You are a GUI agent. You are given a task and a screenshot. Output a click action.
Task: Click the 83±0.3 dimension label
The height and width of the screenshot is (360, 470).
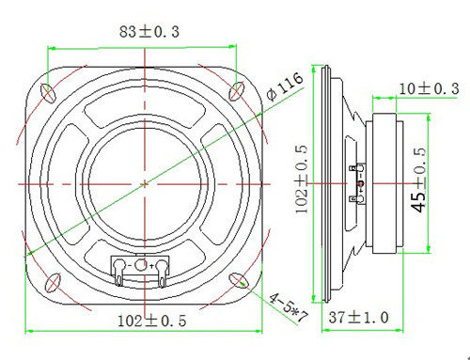(x=149, y=32)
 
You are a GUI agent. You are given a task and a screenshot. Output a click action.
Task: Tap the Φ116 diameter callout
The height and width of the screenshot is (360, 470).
(x=285, y=86)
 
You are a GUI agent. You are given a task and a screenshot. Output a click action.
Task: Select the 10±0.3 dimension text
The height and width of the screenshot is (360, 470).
(x=429, y=89)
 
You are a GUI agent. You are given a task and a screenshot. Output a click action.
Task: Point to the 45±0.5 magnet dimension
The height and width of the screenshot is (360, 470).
(x=419, y=180)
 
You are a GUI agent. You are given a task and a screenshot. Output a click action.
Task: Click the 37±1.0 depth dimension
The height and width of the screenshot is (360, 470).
(x=358, y=318)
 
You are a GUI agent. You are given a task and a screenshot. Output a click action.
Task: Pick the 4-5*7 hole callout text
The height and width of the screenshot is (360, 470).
(x=289, y=307)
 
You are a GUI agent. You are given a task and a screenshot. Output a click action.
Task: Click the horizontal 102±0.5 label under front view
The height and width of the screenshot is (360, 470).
(x=152, y=321)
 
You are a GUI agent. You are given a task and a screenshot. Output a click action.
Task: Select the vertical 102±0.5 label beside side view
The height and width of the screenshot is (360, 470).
(x=302, y=180)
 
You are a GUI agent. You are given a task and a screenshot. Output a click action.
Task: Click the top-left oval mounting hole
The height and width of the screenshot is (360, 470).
(x=48, y=93)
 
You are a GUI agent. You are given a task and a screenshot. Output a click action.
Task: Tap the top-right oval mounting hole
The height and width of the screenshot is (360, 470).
(x=236, y=91)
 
